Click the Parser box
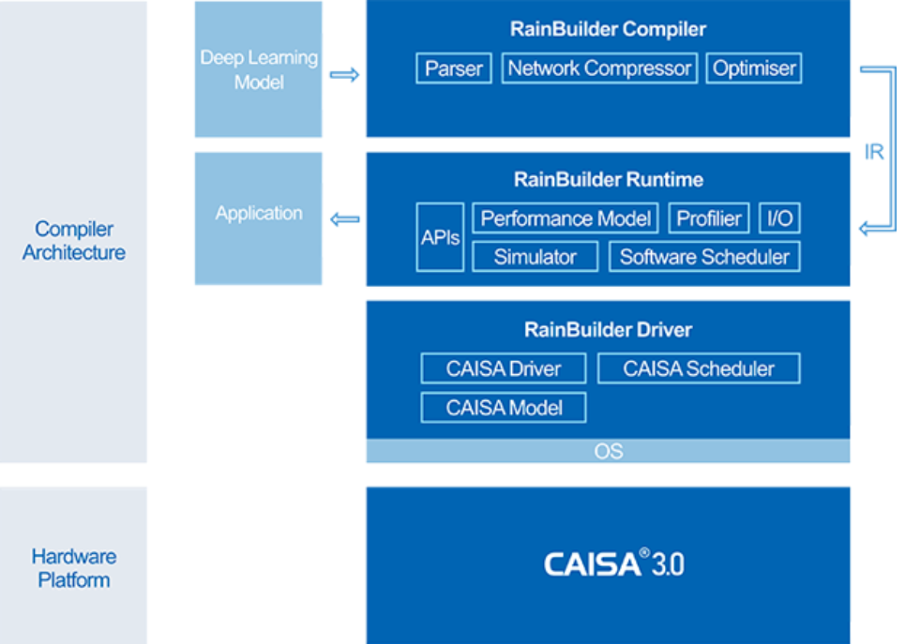454,68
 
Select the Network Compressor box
599,68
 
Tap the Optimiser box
754,68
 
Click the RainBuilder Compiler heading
608,29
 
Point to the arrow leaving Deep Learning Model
344,74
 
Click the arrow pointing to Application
344,219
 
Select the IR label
874,152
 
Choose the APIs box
441,237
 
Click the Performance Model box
566,218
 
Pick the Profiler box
709,218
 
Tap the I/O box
779,218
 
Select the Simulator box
535,257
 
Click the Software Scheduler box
704,257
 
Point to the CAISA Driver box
504,368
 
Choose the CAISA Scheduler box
699,368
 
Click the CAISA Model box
504,408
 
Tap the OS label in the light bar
609,451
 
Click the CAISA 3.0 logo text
613,563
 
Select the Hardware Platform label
74,568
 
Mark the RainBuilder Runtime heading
609,179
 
